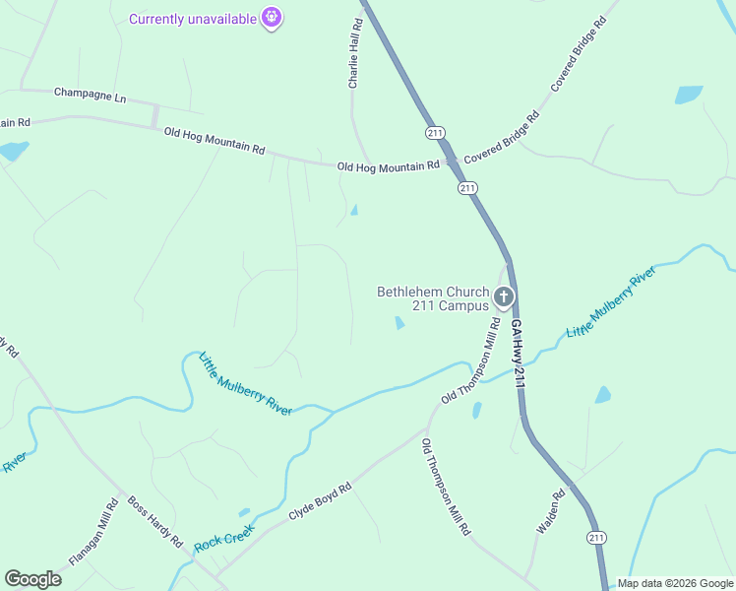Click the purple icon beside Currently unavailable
[273, 18]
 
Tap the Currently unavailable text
[194, 19]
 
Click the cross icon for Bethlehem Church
[504, 296]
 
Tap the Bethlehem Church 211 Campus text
[433, 298]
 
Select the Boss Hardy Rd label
[155, 521]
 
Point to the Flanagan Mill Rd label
[93, 532]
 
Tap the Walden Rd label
[550, 512]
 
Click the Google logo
[33, 578]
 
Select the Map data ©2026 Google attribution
[674, 583]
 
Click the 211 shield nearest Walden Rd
[596, 537]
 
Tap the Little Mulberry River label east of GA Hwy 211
[610, 301]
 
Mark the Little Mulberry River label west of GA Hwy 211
[245, 383]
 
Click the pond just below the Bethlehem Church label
[399, 322]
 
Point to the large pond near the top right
[689, 95]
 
